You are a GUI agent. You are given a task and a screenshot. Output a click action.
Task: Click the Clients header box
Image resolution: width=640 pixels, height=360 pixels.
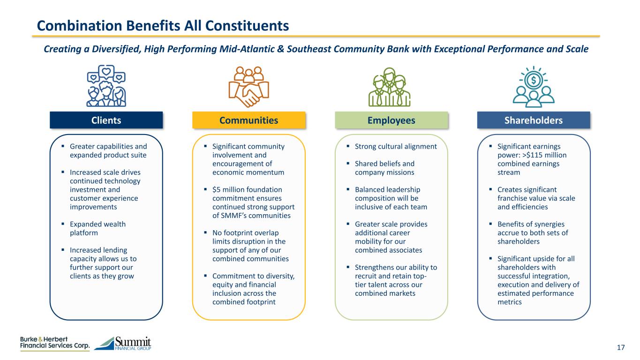tap(106, 120)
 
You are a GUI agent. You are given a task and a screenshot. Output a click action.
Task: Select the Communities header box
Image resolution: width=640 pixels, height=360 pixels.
tap(248, 120)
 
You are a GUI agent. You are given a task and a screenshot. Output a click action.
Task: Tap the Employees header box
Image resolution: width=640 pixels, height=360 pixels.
tap(392, 120)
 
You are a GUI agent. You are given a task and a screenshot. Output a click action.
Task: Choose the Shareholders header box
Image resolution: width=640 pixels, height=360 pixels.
tap(534, 120)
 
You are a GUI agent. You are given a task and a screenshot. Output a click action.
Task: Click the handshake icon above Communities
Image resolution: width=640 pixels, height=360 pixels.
tap(245, 87)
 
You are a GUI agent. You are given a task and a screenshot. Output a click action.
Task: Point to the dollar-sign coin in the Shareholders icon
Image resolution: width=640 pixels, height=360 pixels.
tap(534, 80)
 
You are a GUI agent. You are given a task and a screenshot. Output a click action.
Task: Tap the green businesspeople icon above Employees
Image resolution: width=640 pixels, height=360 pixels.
tap(389, 87)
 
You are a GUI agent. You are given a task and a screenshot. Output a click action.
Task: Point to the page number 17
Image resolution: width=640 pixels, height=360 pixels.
tap(621, 347)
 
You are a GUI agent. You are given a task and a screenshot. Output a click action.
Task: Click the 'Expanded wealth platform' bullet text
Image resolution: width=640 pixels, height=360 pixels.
tap(98, 228)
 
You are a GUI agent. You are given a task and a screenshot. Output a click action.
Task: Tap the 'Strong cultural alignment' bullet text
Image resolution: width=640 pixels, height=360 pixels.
tap(396, 146)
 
